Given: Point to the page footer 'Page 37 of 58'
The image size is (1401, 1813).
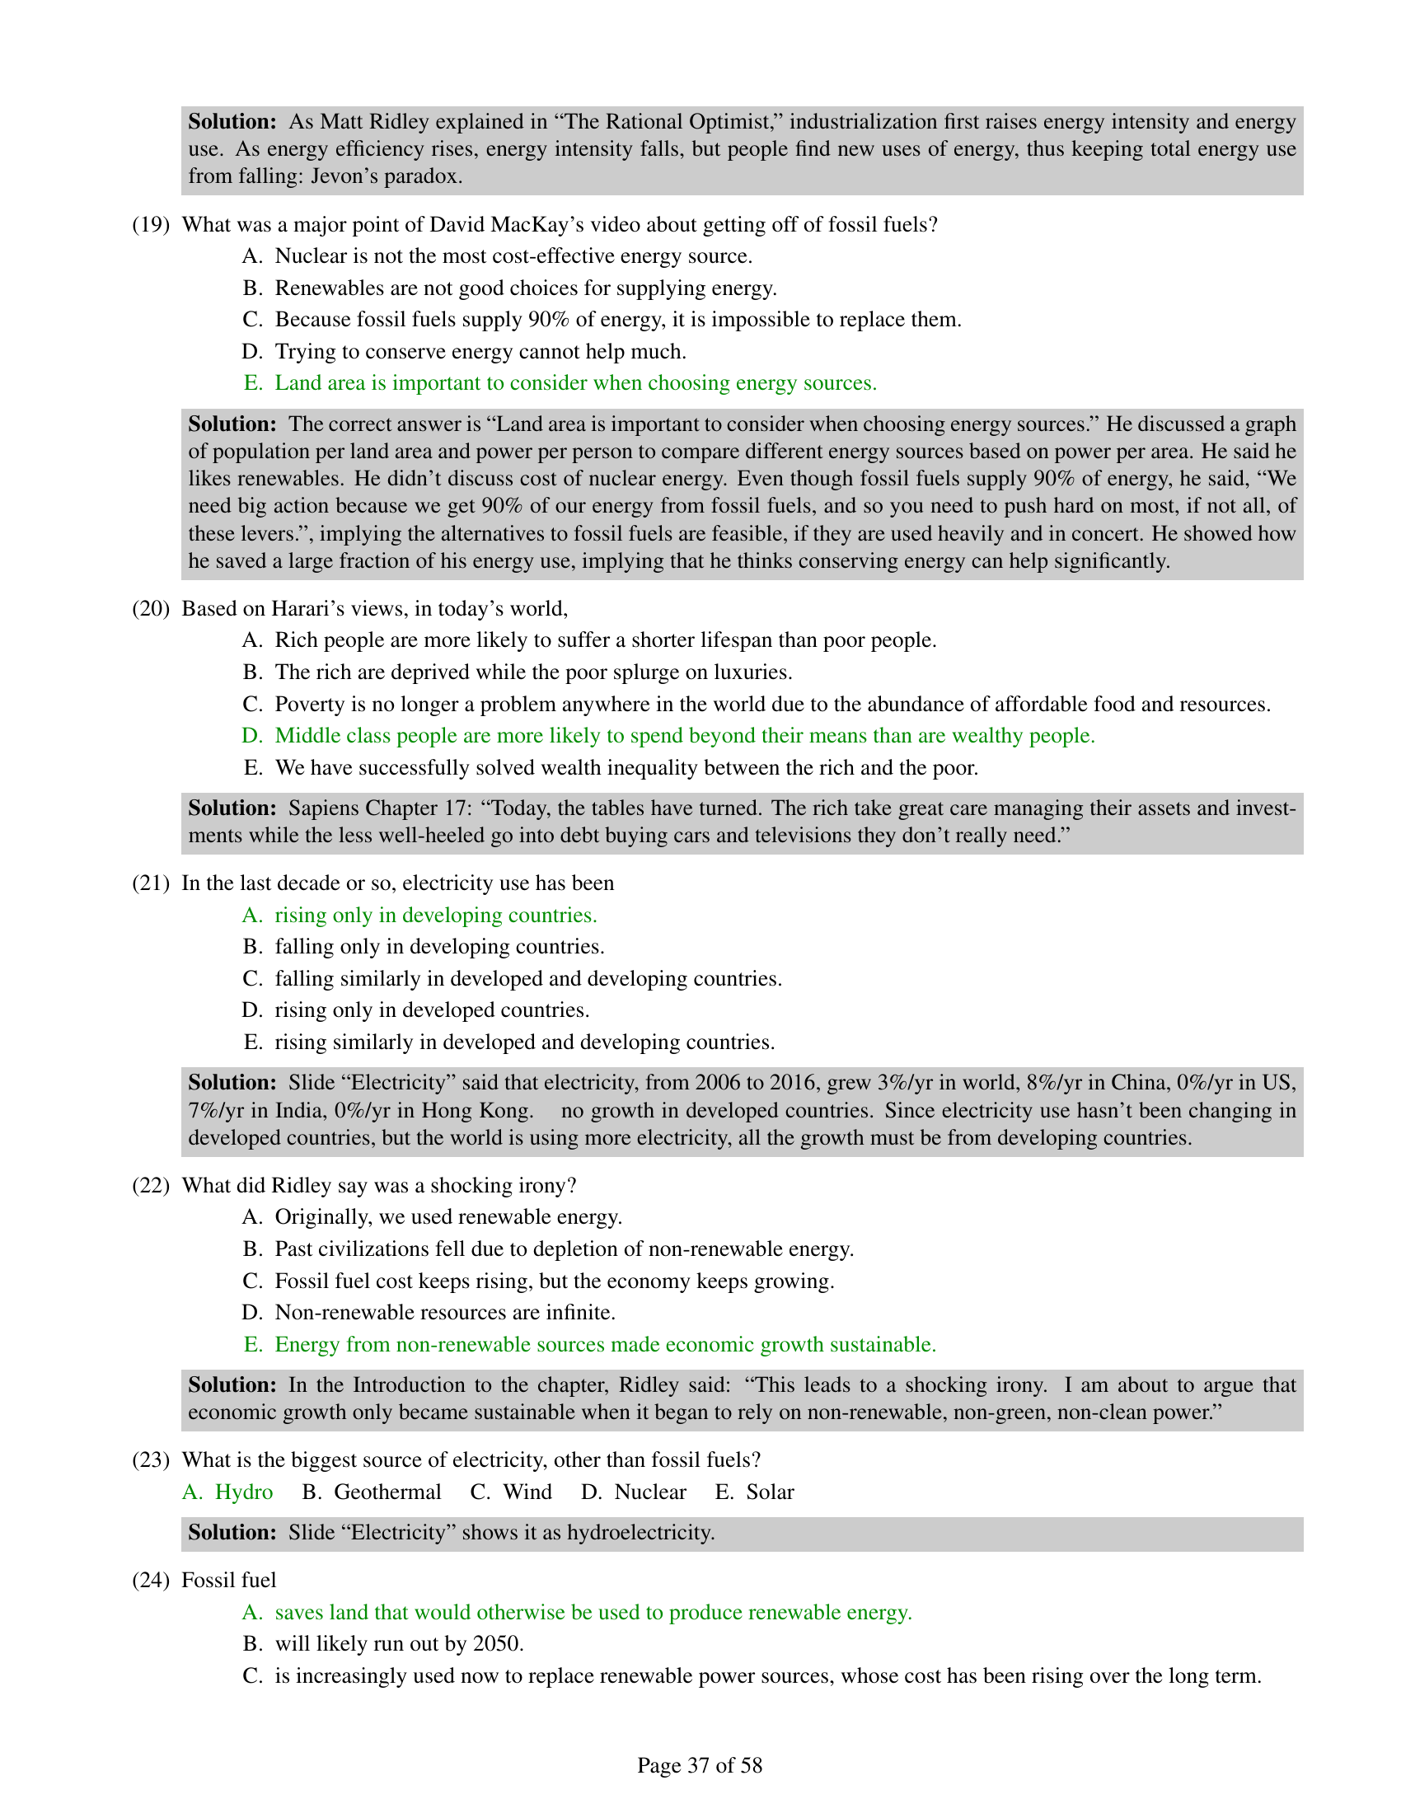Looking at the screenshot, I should pos(700,1765).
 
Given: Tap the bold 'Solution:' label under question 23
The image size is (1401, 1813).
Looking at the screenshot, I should pos(232,1533).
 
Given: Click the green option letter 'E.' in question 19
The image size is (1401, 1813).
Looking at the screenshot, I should pos(252,382).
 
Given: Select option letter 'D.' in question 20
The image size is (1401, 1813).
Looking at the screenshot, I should pos(252,735).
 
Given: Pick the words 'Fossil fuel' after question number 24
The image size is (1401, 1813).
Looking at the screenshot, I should pos(228,1580).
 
